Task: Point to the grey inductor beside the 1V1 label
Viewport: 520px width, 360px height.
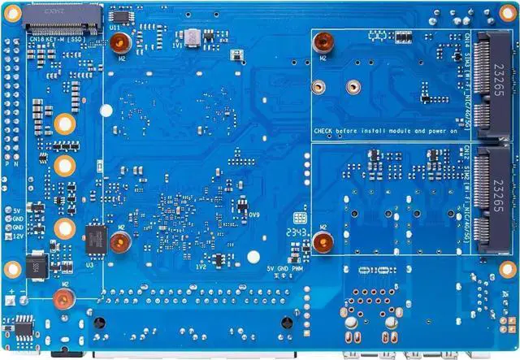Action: pyautogui.click(x=192, y=37)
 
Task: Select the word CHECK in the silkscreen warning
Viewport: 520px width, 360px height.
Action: pyautogui.click(x=324, y=130)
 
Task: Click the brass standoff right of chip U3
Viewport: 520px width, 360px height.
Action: pyautogui.click(x=120, y=241)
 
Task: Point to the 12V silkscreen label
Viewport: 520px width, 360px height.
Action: pyautogui.click(x=18, y=236)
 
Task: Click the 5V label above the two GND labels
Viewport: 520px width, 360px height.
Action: pyautogui.click(x=18, y=210)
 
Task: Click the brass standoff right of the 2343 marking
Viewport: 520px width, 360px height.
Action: pyautogui.click(x=323, y=240)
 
